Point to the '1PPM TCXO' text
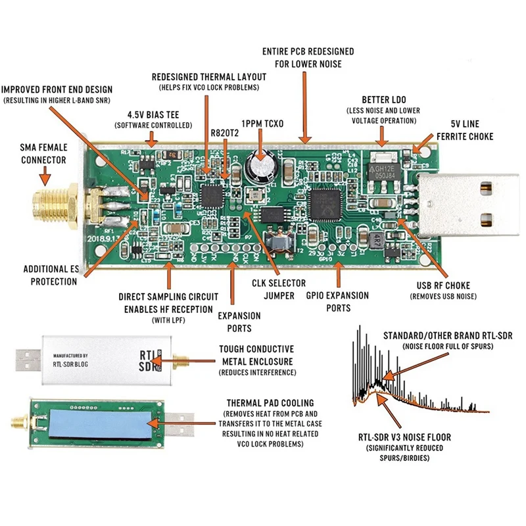coord(262,124)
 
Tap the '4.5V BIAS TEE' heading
coord(153,114)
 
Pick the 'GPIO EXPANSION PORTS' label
coord(337,301)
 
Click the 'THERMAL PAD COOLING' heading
coord(270,402)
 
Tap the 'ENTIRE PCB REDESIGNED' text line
coord(308,51)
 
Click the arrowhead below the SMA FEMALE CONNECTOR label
coord(45,179)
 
